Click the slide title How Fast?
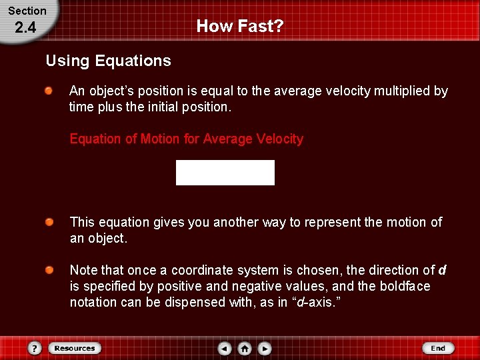240,27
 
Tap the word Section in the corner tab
27,11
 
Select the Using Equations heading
108,61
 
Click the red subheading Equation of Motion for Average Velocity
186,139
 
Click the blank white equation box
225,173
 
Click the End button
438,348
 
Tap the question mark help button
35,348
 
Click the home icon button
245,348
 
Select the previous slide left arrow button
225,348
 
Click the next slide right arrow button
265,348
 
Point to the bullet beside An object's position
49,91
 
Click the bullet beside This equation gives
49,222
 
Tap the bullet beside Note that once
49,270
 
